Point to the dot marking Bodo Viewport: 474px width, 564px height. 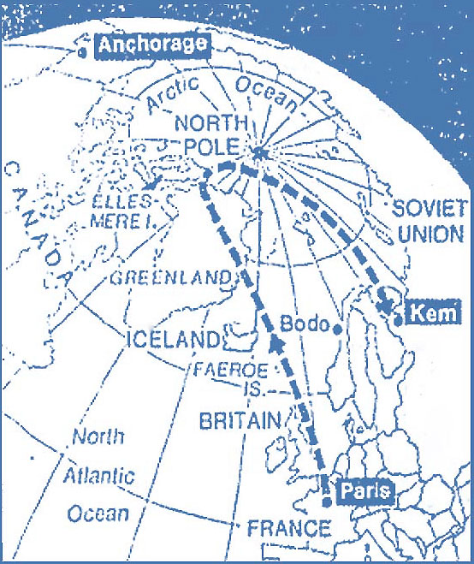tap(339, 328)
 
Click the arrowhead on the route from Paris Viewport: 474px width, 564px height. tap(276, 344)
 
